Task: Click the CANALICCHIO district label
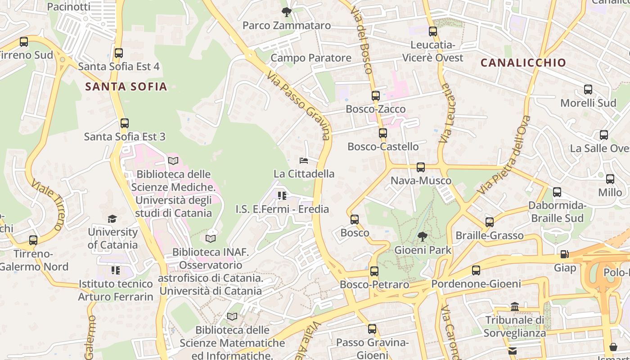pos(523,63)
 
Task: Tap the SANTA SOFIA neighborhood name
pos(126,86)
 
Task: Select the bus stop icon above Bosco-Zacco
pos(376,96)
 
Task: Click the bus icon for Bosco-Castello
pos(383,133)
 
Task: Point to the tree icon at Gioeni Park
pos(422,236)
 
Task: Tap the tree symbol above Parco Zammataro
pos(286,12)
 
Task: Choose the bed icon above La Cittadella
pos(304,161)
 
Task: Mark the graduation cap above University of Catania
pos(112,219)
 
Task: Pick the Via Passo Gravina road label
pos(299,106)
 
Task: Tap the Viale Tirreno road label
pos(48,205)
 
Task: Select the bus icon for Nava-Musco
pos(421,167)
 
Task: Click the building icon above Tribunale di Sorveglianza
pos(515,307)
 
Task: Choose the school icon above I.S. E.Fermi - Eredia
pos(282,196)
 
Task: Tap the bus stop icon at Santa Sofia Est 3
pos(125,123)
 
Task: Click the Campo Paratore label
pos(311,58)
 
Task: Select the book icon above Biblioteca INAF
pos(211,238)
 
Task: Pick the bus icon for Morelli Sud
pos(588,90)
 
